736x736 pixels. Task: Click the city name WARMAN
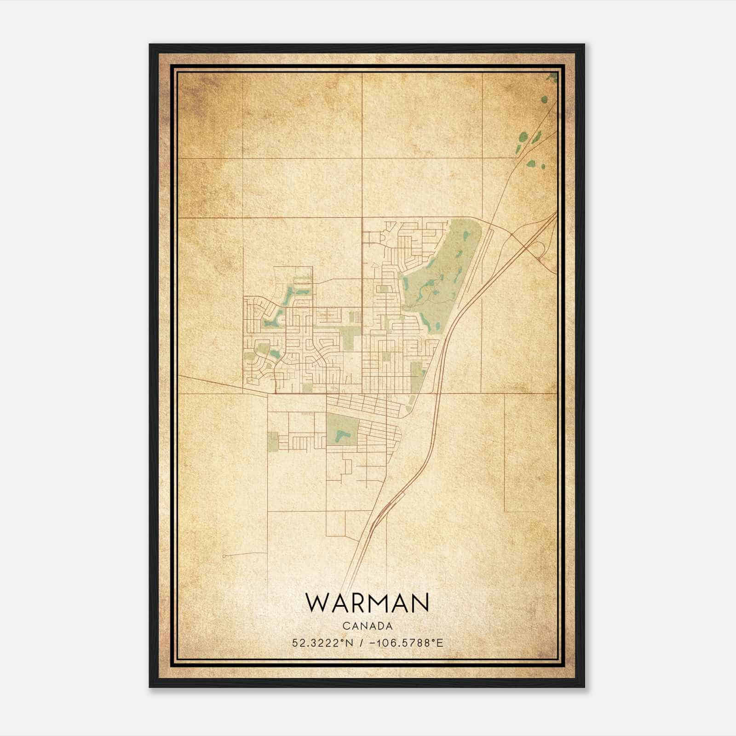coord(367,603)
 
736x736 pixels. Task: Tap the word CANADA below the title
coord(367,626)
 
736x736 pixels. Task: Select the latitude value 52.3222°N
coord(322,643)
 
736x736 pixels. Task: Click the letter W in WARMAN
coord(316,603)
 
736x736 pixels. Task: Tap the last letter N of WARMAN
coord(420,603)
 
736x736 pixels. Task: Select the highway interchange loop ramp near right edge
coord(541,251)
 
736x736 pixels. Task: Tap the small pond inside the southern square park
coord(341,435)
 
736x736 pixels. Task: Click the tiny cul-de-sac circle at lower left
coord(224,557)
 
